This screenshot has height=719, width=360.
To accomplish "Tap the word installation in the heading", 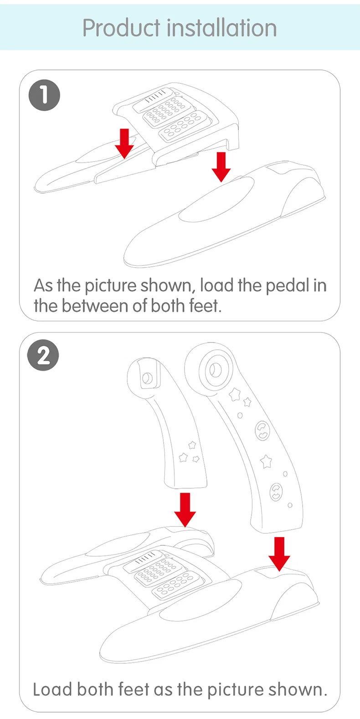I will tap(222, 28).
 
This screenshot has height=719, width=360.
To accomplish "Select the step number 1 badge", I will tap(44, 95).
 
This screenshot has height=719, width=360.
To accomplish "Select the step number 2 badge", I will tap(43, 355).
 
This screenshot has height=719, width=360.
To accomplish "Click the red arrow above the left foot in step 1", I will tap(124, 143).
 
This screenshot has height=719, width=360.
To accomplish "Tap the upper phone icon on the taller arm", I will tap(262, 430).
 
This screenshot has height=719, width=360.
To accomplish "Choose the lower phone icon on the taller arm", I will tap(276, 491).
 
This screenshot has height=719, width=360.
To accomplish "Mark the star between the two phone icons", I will tap(266, 461).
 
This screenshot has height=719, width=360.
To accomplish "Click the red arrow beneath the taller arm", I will tap(279, 553).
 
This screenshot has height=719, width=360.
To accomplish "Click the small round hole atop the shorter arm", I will tap(147, 378).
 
